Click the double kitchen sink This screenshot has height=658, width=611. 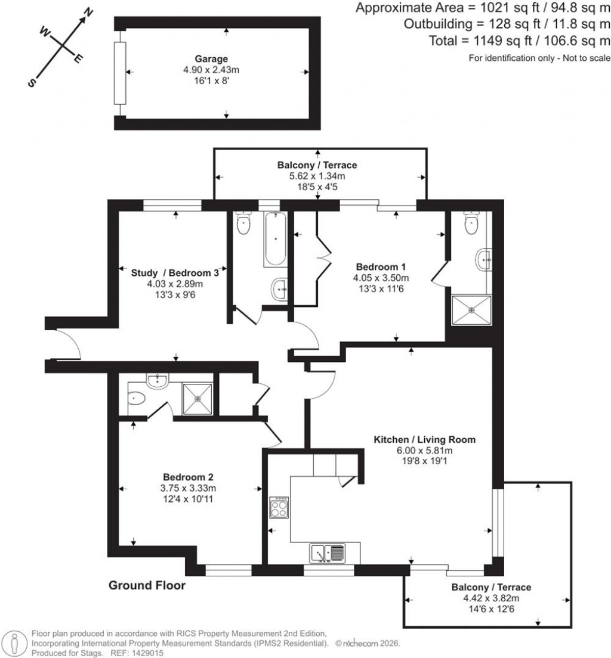coord(327,553)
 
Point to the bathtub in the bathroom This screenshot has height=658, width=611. coord(275,239)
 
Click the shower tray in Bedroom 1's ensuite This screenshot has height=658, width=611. coord(471,310)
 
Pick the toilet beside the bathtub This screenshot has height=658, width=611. coord(243,224)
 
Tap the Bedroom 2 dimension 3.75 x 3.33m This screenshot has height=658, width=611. coord(189,488)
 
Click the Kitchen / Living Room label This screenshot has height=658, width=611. coord(424,440)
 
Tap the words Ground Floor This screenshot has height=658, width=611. coord(147,586)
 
